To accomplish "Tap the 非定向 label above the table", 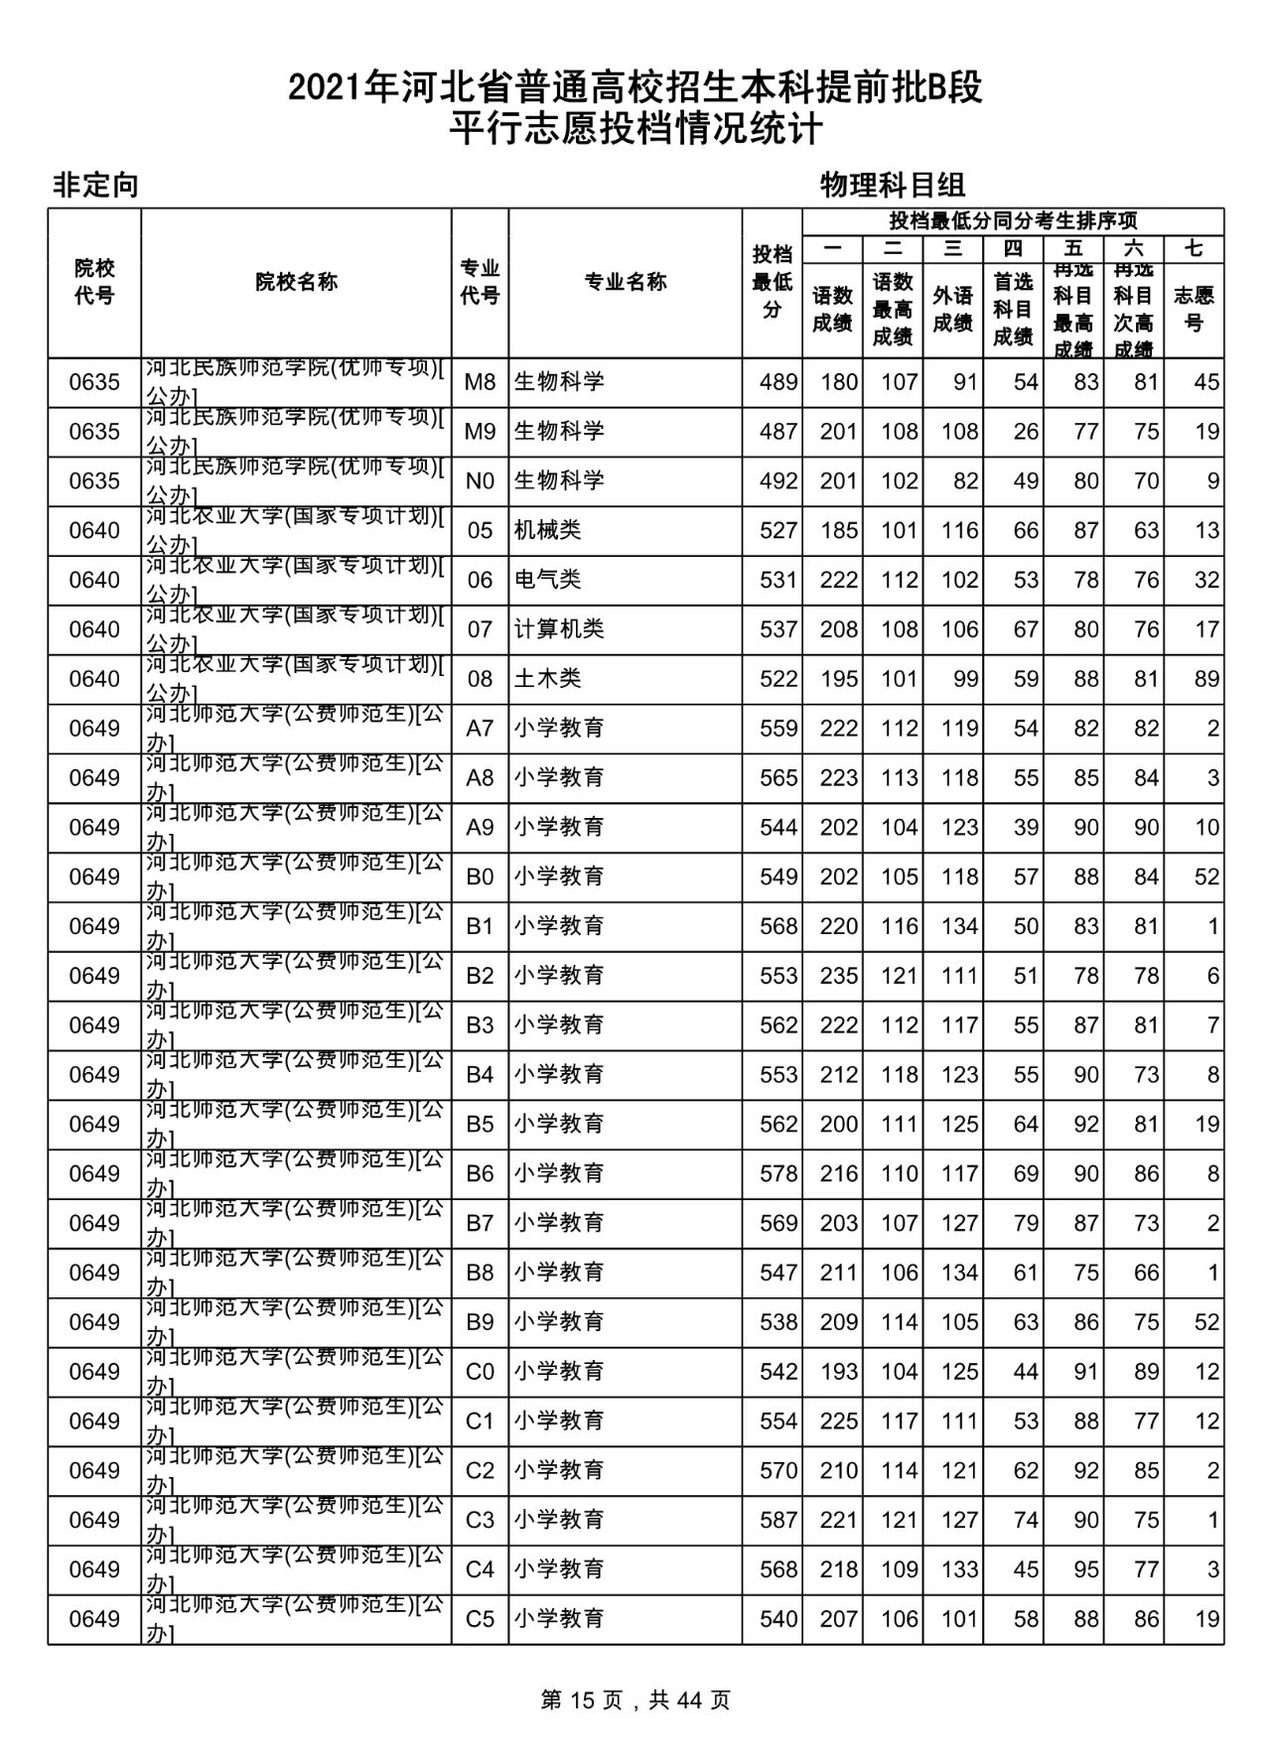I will click(x=94, y=186).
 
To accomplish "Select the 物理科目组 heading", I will click(x=893, y=185).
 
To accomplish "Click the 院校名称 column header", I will click(x=296, y=282).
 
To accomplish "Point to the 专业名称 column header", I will click(x=625, y=282).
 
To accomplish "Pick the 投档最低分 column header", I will click(x=772, y=282).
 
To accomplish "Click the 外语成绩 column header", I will click(x=952, y=309).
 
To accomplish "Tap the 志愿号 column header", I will click(x=1194, y=309).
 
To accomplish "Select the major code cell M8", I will click(x=480, y=382).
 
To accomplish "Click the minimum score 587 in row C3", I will click(x=777, y=1520).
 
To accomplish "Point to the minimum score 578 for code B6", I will click(x=777, y=1173).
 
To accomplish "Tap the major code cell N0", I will click(x=480, y=480).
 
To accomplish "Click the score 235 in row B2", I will click(x=838, y=976).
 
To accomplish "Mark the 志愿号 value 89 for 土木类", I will click(x=1206, y=679).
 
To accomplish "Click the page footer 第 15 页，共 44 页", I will click(x=635, y=1700).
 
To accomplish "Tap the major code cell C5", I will click(x=480, y=1619).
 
